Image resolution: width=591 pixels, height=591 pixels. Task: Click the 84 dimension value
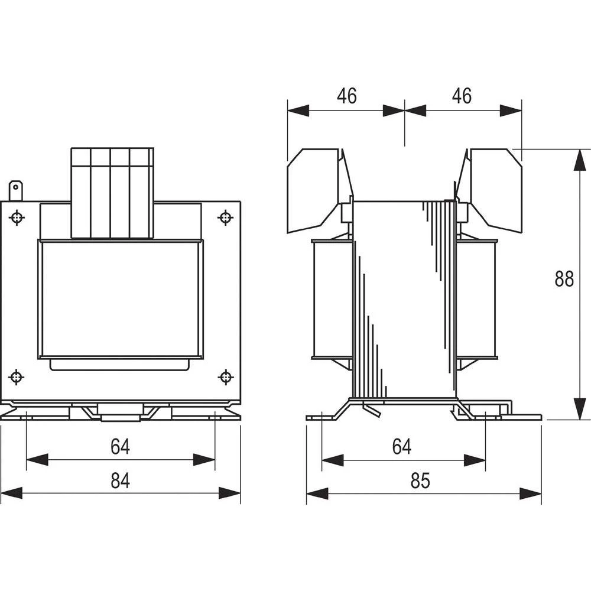point(120,481)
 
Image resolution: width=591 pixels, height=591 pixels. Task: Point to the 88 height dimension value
point(564,278)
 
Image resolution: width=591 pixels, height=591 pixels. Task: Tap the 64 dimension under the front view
point(120,447)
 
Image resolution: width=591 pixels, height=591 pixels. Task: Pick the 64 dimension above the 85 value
point(402,447)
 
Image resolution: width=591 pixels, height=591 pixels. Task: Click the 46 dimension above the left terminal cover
point(347,96)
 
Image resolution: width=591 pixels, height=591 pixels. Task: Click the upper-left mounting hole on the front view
point(17,218)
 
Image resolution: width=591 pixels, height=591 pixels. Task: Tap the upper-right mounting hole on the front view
point(225,218)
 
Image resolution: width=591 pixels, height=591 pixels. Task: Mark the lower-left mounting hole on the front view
point(17,376)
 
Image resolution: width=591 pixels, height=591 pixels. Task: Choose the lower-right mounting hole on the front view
point(225,376)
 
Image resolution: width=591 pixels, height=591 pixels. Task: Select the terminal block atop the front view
point(112,193)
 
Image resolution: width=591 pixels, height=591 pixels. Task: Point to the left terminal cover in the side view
point(316,189)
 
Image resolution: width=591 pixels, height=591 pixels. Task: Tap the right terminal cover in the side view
point(493,189)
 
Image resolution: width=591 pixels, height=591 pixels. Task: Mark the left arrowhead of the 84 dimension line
point(12,493)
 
